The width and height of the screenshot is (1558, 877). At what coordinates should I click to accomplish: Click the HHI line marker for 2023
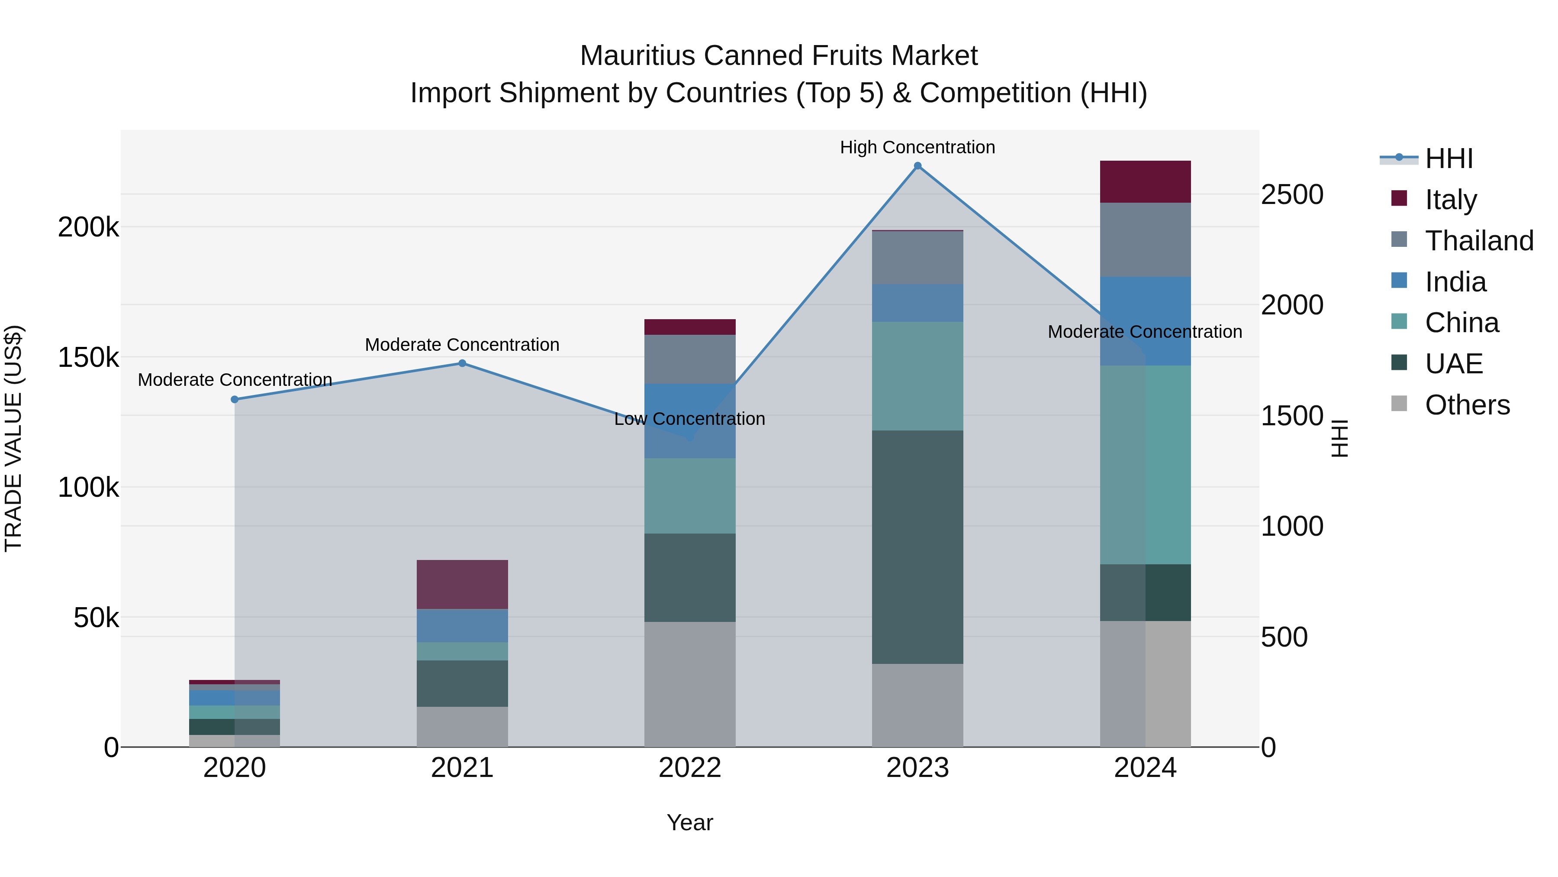click(917, 166)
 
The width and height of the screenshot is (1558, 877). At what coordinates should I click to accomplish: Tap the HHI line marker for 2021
click(462, 363)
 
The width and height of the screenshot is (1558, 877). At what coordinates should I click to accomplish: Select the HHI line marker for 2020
click(235, 399)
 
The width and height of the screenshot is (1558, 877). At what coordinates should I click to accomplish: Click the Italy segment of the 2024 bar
click(1145, 181)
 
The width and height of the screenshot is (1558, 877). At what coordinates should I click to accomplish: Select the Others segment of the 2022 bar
click(689, 684)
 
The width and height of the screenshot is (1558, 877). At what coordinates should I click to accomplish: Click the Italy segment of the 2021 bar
click(462, 584)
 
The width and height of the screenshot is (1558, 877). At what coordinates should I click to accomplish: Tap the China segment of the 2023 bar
click(917, 376)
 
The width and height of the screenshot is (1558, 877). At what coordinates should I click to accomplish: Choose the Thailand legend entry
click(1478, 241)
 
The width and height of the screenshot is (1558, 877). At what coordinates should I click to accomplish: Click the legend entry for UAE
click(1453, 364)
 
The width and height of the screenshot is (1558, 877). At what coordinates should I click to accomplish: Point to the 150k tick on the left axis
click(88, 358)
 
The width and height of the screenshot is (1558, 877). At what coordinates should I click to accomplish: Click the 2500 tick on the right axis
click(1292, 195)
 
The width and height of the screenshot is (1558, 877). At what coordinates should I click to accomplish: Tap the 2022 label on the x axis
click(689, 768)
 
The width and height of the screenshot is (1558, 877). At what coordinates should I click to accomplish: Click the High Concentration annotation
click(917, 147)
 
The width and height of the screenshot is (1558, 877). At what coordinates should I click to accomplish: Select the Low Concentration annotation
click(689, 419)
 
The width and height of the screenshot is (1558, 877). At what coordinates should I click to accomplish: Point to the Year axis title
click(689, 822)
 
